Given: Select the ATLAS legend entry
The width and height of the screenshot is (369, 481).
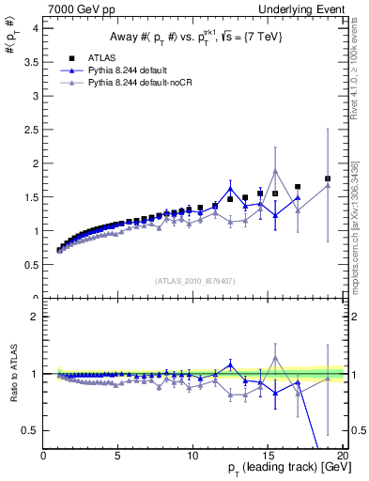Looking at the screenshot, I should [x=104, y=57].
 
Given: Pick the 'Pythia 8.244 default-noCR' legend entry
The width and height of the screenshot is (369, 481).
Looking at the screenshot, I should [x=138, y=84].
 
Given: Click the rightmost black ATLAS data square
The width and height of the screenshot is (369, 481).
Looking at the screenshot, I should [x=328, y=178].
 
